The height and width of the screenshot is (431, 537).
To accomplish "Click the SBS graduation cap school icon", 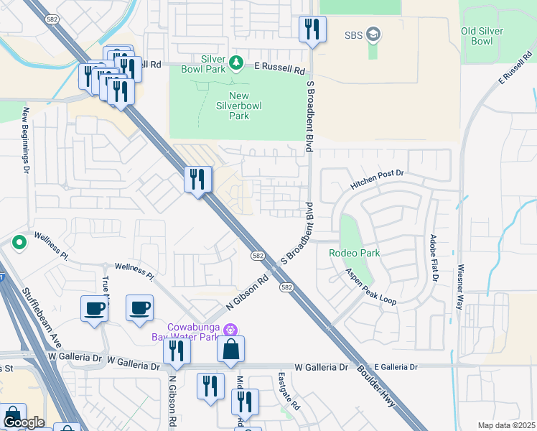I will point(373,34).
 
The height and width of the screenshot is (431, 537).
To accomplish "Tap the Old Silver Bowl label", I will point(487,36).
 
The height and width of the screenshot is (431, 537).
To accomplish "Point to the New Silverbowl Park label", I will point(239,106).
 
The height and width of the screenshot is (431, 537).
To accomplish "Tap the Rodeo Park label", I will point(354,253).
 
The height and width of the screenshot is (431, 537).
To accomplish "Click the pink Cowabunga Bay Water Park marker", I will point(230,330).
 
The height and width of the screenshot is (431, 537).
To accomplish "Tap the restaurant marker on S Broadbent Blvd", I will point(312,29).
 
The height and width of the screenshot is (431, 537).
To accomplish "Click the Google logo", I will point(23,422).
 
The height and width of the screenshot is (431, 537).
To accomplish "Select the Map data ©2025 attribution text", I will point(505,425).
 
